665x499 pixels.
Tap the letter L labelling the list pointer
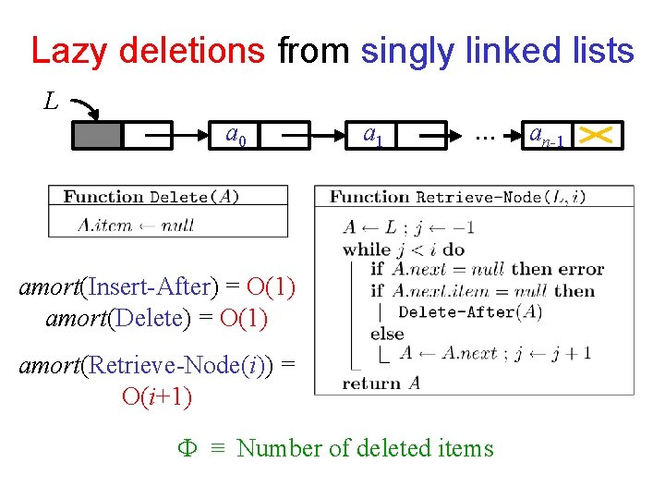pos(52,100)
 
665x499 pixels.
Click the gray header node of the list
pos(97,136)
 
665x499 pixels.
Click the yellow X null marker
pos(600,136)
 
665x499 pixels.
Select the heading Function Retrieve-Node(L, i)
pos(458,196)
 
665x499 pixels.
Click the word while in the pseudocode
pos(366,249)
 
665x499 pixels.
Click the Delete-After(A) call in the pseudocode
pos(470,312)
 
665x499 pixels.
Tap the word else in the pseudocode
pos(387,334)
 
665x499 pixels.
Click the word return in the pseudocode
pos(367,383)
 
